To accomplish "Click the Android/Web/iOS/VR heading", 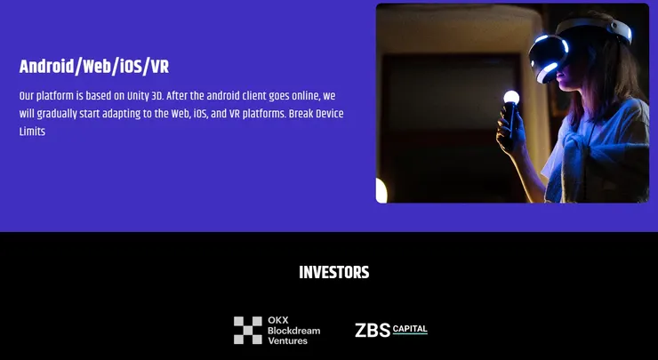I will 93,67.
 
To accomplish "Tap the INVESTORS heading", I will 333,273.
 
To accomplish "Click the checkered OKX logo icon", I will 248,330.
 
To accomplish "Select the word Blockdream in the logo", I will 293,330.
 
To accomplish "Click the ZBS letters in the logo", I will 372,331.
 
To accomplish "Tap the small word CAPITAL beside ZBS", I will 410,329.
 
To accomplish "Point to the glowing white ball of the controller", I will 511,98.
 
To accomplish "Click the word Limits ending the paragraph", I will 32,132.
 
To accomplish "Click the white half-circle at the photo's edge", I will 381,190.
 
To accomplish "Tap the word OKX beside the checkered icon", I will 278,320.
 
